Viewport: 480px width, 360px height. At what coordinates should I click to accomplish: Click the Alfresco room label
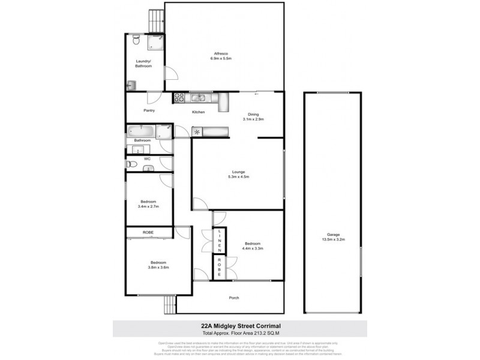coord(221,53)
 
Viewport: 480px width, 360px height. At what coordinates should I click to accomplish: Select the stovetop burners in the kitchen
coord(178,98)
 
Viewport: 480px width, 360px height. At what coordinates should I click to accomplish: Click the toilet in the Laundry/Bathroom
coord(136,41)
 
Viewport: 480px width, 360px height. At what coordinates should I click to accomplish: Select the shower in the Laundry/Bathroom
coord(156,42)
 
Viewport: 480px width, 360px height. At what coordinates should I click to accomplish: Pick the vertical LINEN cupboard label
coord(220,240)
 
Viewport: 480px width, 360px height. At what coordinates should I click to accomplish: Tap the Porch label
coord(234,298)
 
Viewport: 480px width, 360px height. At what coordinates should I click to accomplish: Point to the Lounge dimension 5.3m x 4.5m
coord(238,177)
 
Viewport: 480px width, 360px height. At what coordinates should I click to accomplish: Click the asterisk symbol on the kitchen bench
coord(196,131)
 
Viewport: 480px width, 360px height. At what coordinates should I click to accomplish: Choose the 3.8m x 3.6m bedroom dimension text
coord(158,268)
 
